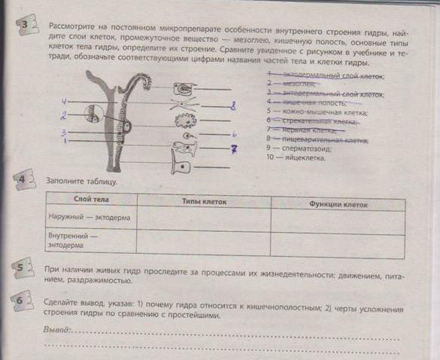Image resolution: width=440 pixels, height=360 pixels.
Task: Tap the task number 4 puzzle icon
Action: (23, 181)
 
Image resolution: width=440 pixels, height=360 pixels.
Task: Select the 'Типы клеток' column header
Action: (204, 202)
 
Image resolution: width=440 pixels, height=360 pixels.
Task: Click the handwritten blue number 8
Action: (233, 108)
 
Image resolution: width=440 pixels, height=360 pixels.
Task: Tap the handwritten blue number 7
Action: (234, 149)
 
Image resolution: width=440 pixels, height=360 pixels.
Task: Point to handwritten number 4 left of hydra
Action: (65, 101)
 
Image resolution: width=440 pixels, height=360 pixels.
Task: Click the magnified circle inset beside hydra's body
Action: (92, 114)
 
